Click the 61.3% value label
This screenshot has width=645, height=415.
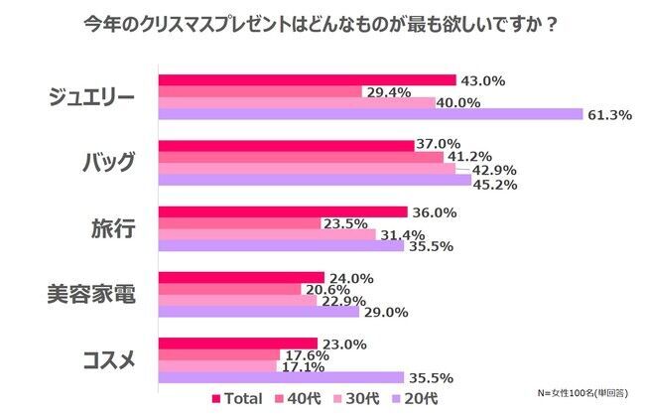pyautogui.click(x=609, y=115)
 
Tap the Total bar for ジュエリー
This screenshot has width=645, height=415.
pyautogui.click(x=307, y=79)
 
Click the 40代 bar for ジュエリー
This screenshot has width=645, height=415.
pyautogui.click(x=260, y=91)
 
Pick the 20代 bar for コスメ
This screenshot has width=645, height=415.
pyautogui.click(x=281, y=377)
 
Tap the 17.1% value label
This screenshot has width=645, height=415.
pyautogui.click(x=303, y=365)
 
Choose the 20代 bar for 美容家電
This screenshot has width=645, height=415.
pyautogui.click(x=259, y=312)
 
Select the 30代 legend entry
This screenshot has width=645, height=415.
pyautogui.click(x=356, y=398)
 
